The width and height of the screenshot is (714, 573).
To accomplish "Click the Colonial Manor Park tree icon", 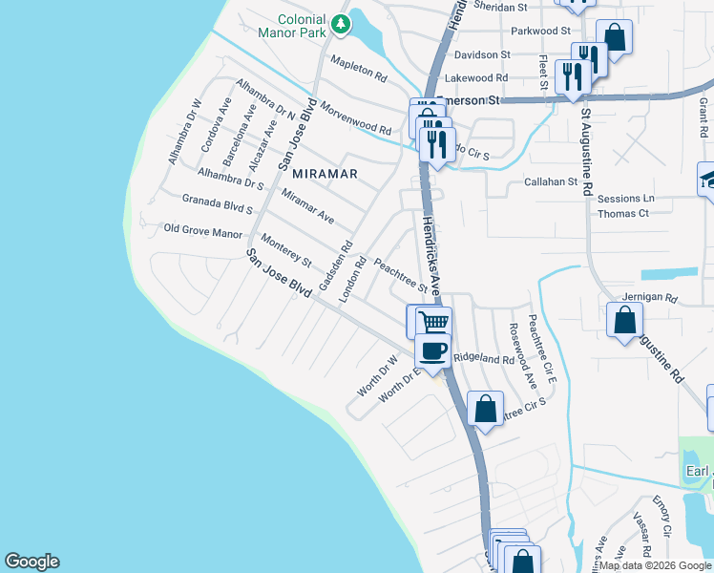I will coord(340,22).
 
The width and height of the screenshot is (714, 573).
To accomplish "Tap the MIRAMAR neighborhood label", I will coord(325,174).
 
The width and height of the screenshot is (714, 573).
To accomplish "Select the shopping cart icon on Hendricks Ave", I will coord(430,321).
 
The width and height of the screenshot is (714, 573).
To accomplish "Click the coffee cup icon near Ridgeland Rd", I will coord(433,350).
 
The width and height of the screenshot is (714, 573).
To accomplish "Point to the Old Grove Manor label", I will coord(203,230).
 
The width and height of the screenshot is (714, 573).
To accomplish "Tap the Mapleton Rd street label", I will coord(358,69).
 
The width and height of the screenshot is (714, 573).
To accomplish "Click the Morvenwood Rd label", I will coord(355,117).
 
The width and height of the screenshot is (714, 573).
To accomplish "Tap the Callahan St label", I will coord(552,181).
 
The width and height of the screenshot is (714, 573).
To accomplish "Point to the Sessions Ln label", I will coord(626,199).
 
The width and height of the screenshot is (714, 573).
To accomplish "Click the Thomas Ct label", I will coord(623,213).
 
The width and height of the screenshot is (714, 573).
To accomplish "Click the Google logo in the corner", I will coord(31,562).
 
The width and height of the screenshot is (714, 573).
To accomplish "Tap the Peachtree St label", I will coord(400,274).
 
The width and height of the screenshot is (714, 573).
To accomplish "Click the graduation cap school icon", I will coord(708,179).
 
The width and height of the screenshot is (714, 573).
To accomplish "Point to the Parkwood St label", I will coord(539,32).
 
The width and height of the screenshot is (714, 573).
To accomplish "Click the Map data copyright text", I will coord(656,565).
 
